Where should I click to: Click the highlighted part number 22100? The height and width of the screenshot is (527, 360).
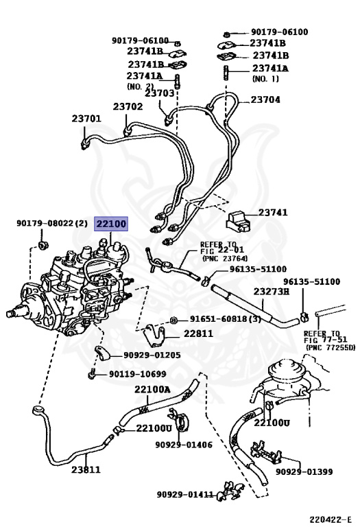110,224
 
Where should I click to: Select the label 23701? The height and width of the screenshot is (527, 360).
86,119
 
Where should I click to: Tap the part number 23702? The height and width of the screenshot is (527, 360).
128,106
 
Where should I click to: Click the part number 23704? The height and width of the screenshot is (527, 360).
265,99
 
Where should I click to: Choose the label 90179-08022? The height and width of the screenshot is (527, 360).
46,224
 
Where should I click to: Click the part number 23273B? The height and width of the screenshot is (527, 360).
272,292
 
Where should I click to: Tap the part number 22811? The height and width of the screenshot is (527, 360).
198,333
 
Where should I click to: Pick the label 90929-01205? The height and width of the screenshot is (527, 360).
152,355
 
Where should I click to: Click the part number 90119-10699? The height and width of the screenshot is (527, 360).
137,374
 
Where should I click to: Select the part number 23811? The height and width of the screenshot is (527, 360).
86,470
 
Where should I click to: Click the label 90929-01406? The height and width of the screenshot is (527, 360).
183,445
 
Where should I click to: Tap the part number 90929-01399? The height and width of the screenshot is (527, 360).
304,471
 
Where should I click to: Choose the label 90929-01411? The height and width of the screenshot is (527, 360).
184,494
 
